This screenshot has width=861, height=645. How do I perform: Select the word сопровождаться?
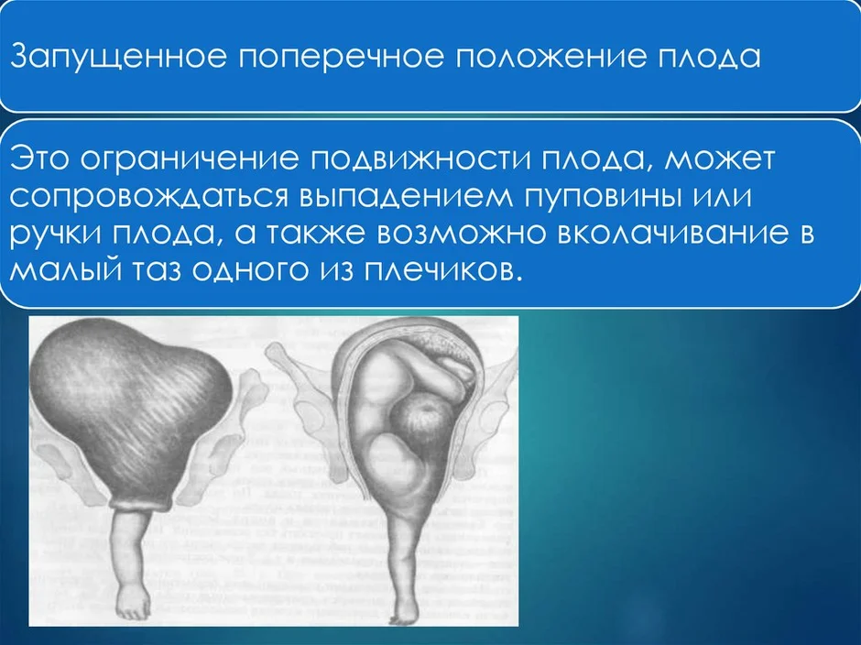coord(149,198)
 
